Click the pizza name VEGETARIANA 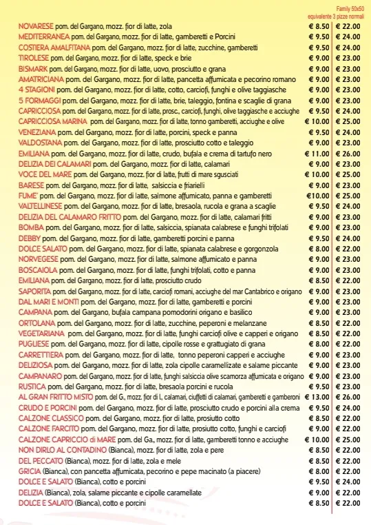coord(41,333)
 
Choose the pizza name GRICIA coord(30,471)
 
